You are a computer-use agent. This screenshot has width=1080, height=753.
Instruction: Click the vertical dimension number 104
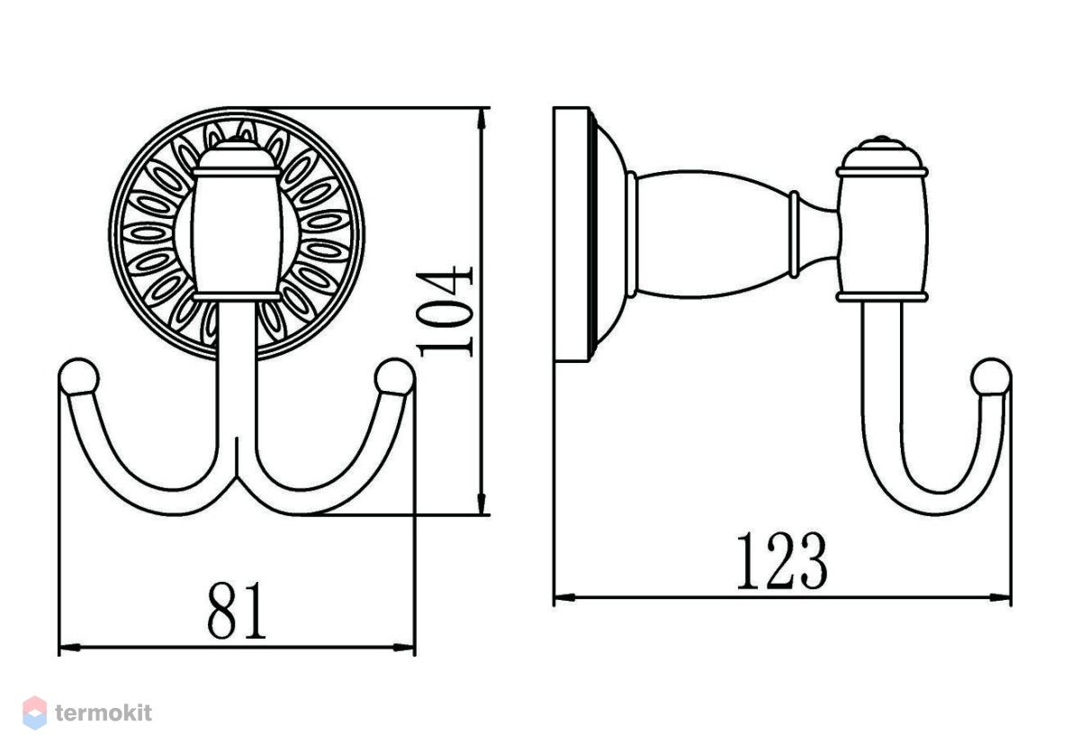coord(445,313)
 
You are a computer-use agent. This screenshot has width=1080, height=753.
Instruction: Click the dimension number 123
coord(782,561)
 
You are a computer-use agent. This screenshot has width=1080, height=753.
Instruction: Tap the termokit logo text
coord(103,712)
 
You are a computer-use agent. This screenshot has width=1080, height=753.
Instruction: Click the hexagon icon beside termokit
coord(35,712)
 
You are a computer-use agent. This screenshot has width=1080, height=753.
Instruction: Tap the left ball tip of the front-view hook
coord(78,377)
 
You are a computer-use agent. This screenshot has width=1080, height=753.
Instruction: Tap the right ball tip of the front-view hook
coord(394,377)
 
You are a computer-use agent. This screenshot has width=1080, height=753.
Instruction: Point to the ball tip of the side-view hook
coord(991,377)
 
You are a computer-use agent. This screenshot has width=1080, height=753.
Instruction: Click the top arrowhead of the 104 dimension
coord(481,119)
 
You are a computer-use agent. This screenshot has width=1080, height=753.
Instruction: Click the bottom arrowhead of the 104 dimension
coord(481,504)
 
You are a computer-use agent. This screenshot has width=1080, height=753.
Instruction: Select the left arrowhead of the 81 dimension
coord(69,648)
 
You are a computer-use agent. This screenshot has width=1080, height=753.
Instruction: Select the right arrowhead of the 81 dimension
coord(404,648)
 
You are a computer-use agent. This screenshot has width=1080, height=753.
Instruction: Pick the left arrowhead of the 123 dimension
coord(564,598)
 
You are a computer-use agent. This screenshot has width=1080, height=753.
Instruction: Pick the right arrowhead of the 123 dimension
coord(1000,598)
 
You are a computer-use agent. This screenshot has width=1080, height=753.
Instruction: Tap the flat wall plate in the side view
coord(571,234)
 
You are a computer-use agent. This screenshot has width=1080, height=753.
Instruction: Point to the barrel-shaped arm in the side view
coord(714,234)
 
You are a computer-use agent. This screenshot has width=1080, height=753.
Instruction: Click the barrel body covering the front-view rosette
coord(236,234)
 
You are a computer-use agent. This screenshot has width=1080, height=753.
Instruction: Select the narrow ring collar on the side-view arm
coord(794,234)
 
